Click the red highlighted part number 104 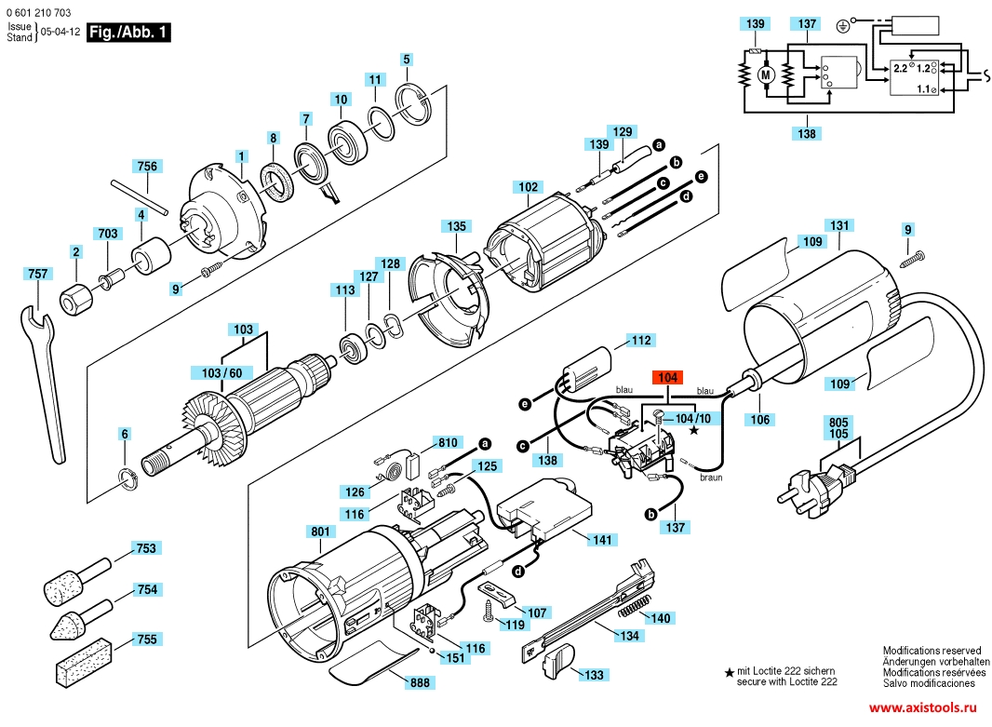click(x=667, y=378)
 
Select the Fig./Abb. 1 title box click(x=128, y=33)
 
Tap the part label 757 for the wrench click(x=38, y=274)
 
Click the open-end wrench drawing click(x=42, y=372)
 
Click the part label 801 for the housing click(x=319, y=532)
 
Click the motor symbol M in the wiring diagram click(x=767, y=73)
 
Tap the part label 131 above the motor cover click(x=839, y=226)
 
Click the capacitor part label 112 click(x=640, y=341)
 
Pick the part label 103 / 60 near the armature click(x=221, y=373)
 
